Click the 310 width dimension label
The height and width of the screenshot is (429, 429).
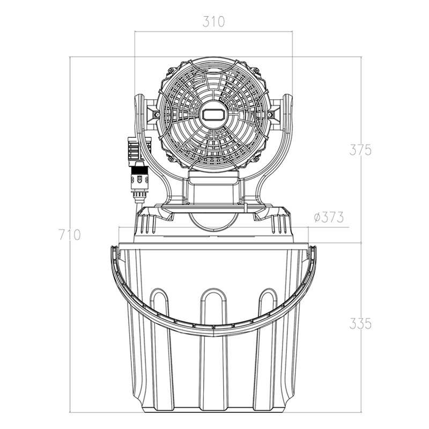(213, 22)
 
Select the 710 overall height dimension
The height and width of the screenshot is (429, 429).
(70, 235)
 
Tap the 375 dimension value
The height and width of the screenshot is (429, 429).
(360, 150)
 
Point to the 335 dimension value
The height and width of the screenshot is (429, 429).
(360, 324)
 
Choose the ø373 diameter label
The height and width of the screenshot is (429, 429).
(329, 218)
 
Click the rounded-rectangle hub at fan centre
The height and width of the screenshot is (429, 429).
(213, 114)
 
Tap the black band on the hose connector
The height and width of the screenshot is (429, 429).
(140, 171)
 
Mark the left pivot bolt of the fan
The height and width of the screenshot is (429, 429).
(156, 114)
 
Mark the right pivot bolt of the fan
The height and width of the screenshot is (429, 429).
(271, 114)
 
